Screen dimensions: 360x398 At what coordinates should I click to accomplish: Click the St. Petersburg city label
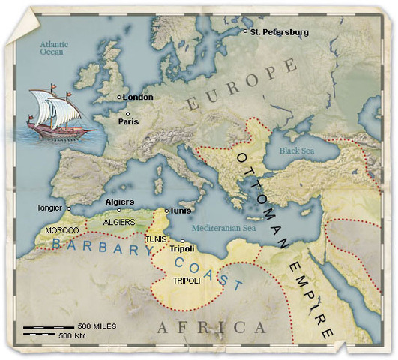279,32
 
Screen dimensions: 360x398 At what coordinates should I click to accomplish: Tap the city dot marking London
119,97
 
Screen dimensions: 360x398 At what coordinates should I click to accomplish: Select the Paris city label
128,121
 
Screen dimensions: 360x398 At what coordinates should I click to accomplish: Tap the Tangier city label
50,208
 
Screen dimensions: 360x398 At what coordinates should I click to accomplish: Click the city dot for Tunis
166,211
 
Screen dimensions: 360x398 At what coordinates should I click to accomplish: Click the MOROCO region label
63,229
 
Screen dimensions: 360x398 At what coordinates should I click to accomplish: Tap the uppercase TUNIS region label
156,238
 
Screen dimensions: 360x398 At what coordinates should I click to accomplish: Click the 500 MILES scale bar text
96,326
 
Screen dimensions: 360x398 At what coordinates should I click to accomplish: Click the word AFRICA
212,328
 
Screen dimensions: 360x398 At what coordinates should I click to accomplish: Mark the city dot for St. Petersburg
245,31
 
